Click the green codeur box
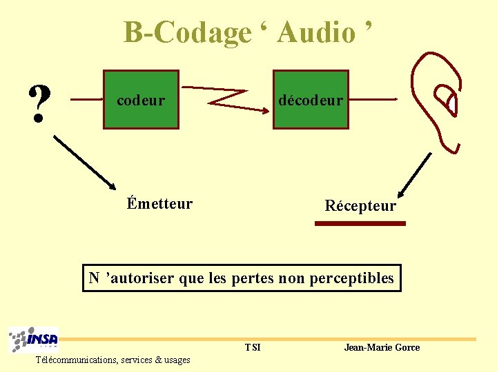tap(141, 100)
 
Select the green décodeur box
tap(310, 100)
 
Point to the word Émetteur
tap(159, 204)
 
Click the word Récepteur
tap(360, 206)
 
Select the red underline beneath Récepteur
tap(360, 223)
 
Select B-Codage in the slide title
tap(187, 32)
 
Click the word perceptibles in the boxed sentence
tap(352, 278)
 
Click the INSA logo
tap(34, 340)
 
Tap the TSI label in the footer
tap(253, 347)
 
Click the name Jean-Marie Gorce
tap(382, 347)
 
